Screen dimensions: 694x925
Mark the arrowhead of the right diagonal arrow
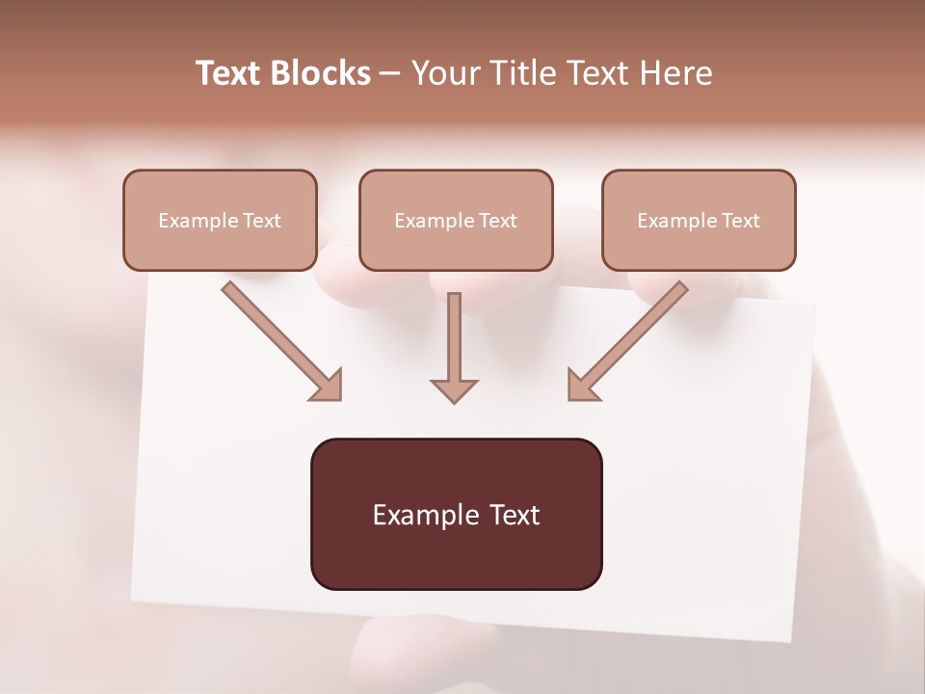[581, 387]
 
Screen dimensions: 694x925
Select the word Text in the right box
[740, 221]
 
